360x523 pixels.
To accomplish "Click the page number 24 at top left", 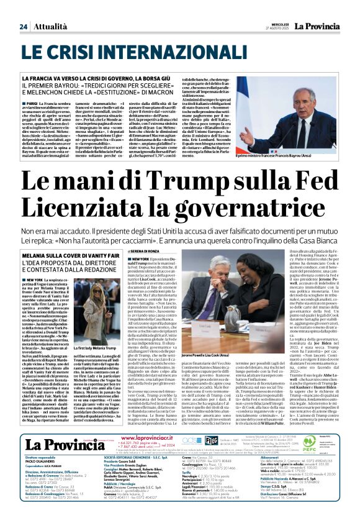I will pyautogui.click(x=24, y=9).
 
